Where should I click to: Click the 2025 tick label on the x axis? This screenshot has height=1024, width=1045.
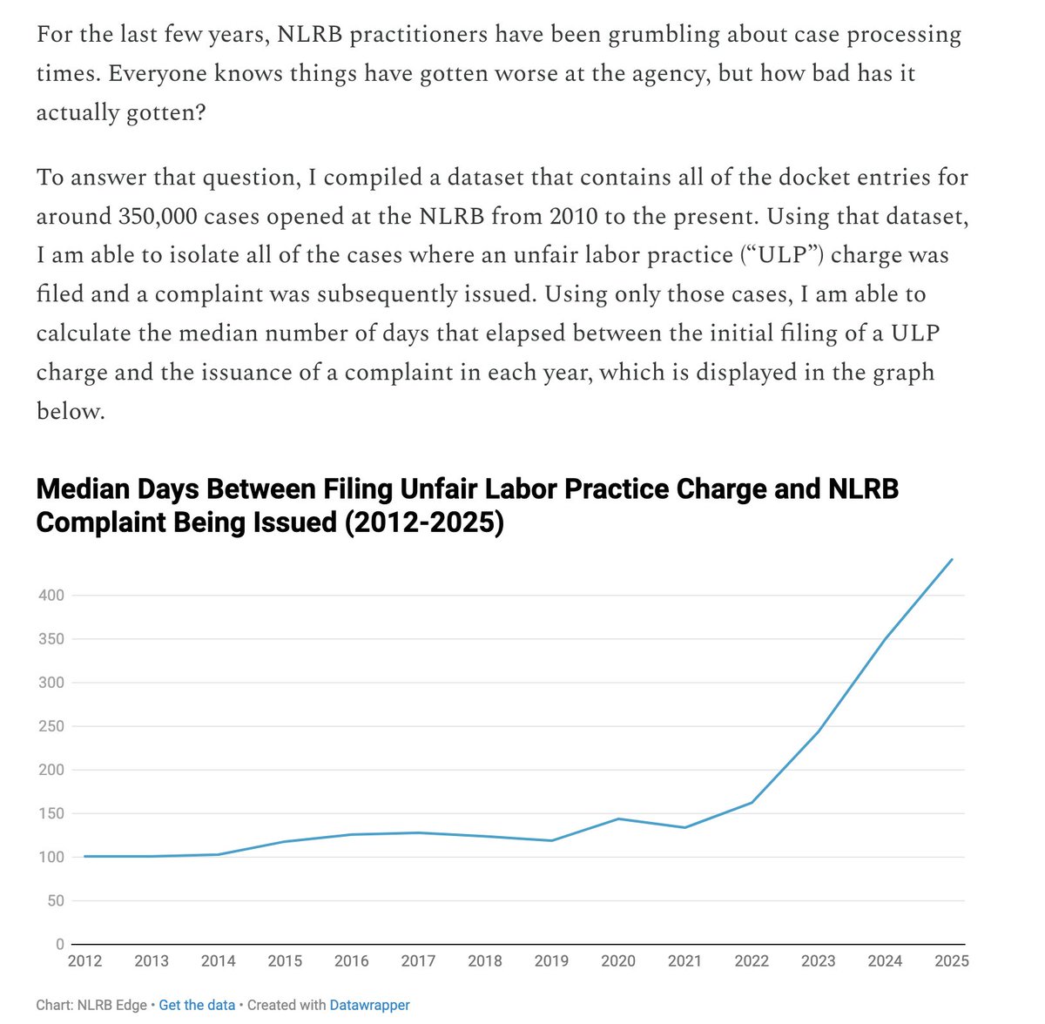click(952, 960)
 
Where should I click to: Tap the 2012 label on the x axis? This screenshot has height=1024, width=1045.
click(84, 960)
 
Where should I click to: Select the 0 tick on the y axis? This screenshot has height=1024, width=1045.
click(60, 944)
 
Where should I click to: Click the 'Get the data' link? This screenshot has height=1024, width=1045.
click(197, 1005)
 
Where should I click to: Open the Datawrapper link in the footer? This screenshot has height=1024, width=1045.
click(369, 1005)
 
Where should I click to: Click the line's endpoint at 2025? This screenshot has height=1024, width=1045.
click(952, 559)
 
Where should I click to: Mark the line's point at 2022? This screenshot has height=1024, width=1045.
click(752, 803)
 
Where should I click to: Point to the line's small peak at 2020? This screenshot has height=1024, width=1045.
click(618, 819)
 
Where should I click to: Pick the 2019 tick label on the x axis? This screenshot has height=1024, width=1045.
click(551, 960)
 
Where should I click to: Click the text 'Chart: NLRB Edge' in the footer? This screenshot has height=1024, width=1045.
click(91, 1005)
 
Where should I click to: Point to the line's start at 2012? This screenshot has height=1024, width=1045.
click(84, 857)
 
